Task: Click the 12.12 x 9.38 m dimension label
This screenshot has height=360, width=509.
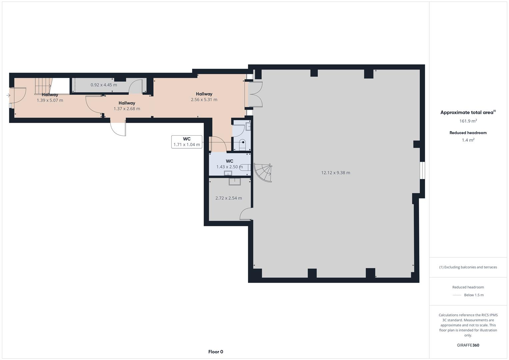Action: (x=335, y=173)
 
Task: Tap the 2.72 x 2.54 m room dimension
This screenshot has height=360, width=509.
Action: (x=228, y=198)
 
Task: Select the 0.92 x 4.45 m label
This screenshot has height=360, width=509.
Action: (x=104, y=85)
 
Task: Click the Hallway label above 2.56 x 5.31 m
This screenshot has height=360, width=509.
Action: (x=204, y=94)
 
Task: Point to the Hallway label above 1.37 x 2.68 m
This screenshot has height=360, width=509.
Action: (x=127, y=103)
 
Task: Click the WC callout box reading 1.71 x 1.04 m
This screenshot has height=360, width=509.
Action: (x=187, y=142)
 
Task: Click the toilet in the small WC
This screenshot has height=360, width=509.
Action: (x=242, y=144)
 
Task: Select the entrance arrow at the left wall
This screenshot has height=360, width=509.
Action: (x=8, y=96)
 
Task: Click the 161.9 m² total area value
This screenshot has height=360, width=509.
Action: (x=468, y=121)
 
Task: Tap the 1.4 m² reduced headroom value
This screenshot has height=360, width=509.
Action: (x=468, y=140)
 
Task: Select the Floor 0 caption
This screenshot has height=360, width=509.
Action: (x=216, y=352)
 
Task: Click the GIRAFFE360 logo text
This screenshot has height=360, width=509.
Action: (x=468, y=345)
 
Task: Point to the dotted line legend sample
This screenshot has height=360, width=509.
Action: (x=457, y=295)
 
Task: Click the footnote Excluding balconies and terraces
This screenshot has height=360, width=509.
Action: (x=468, y=267)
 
